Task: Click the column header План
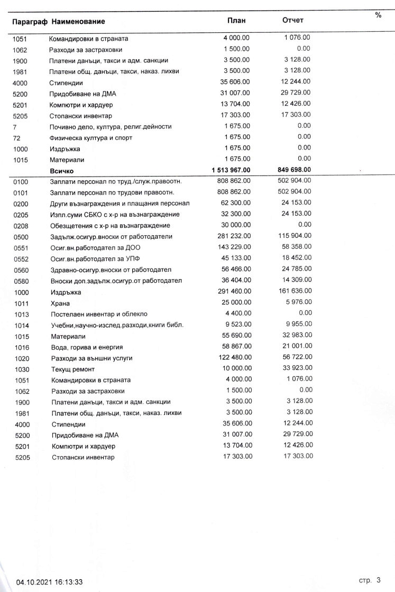(236, 21)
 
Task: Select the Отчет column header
(293, 21)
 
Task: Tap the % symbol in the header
(378, 15)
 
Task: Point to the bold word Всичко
(62, 171)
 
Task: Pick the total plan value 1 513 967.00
(228, 170)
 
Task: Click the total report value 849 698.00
(293, 170)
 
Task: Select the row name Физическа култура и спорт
(90, 138)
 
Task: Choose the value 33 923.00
(298, 368)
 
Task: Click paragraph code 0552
(21, 258)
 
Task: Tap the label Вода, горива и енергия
(87, 347)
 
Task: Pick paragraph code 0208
(21, 225)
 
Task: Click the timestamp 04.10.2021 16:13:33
(49, 582)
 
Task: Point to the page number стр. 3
(370, 580)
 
